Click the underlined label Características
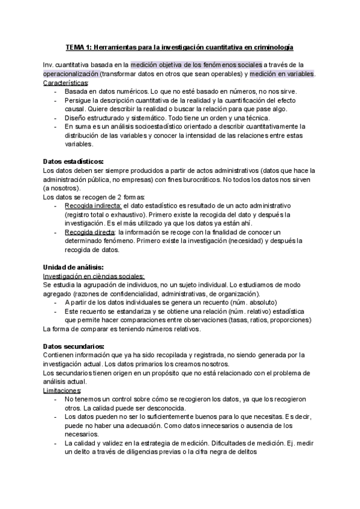pos(65,82)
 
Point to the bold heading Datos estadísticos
pos(73,161)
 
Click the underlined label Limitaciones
pos(62,391)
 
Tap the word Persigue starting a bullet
pos(79,100)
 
